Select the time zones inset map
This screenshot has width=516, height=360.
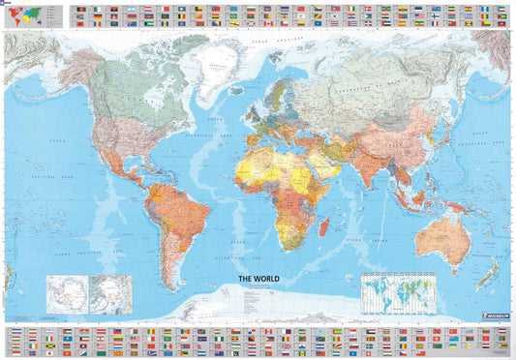[398, 288]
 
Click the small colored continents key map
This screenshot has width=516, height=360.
[32, 15]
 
